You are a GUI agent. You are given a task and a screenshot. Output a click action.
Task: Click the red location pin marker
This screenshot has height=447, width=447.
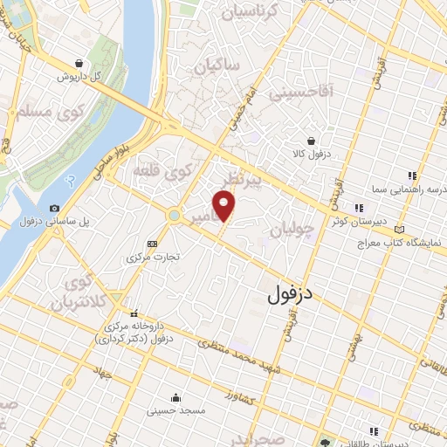(x=226, y=206)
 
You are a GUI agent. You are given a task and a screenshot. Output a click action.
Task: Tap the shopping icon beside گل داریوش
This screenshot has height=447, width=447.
(x=80, y=63)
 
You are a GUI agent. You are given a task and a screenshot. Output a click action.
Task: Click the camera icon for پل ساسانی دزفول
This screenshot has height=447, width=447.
(x=54, y=208)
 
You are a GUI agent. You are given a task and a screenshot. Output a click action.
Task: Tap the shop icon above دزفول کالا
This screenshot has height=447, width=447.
(x=311, y=140)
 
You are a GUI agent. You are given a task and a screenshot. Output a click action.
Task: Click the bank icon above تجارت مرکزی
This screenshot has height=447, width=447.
(x=154, y=244)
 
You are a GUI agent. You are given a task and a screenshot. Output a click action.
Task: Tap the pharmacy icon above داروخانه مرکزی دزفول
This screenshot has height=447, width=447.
(x=134, y=313)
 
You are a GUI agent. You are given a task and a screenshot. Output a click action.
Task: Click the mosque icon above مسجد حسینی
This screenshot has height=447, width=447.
(x=176, y=395)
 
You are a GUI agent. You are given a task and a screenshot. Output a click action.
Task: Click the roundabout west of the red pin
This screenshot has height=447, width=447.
(x=174, y=215)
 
